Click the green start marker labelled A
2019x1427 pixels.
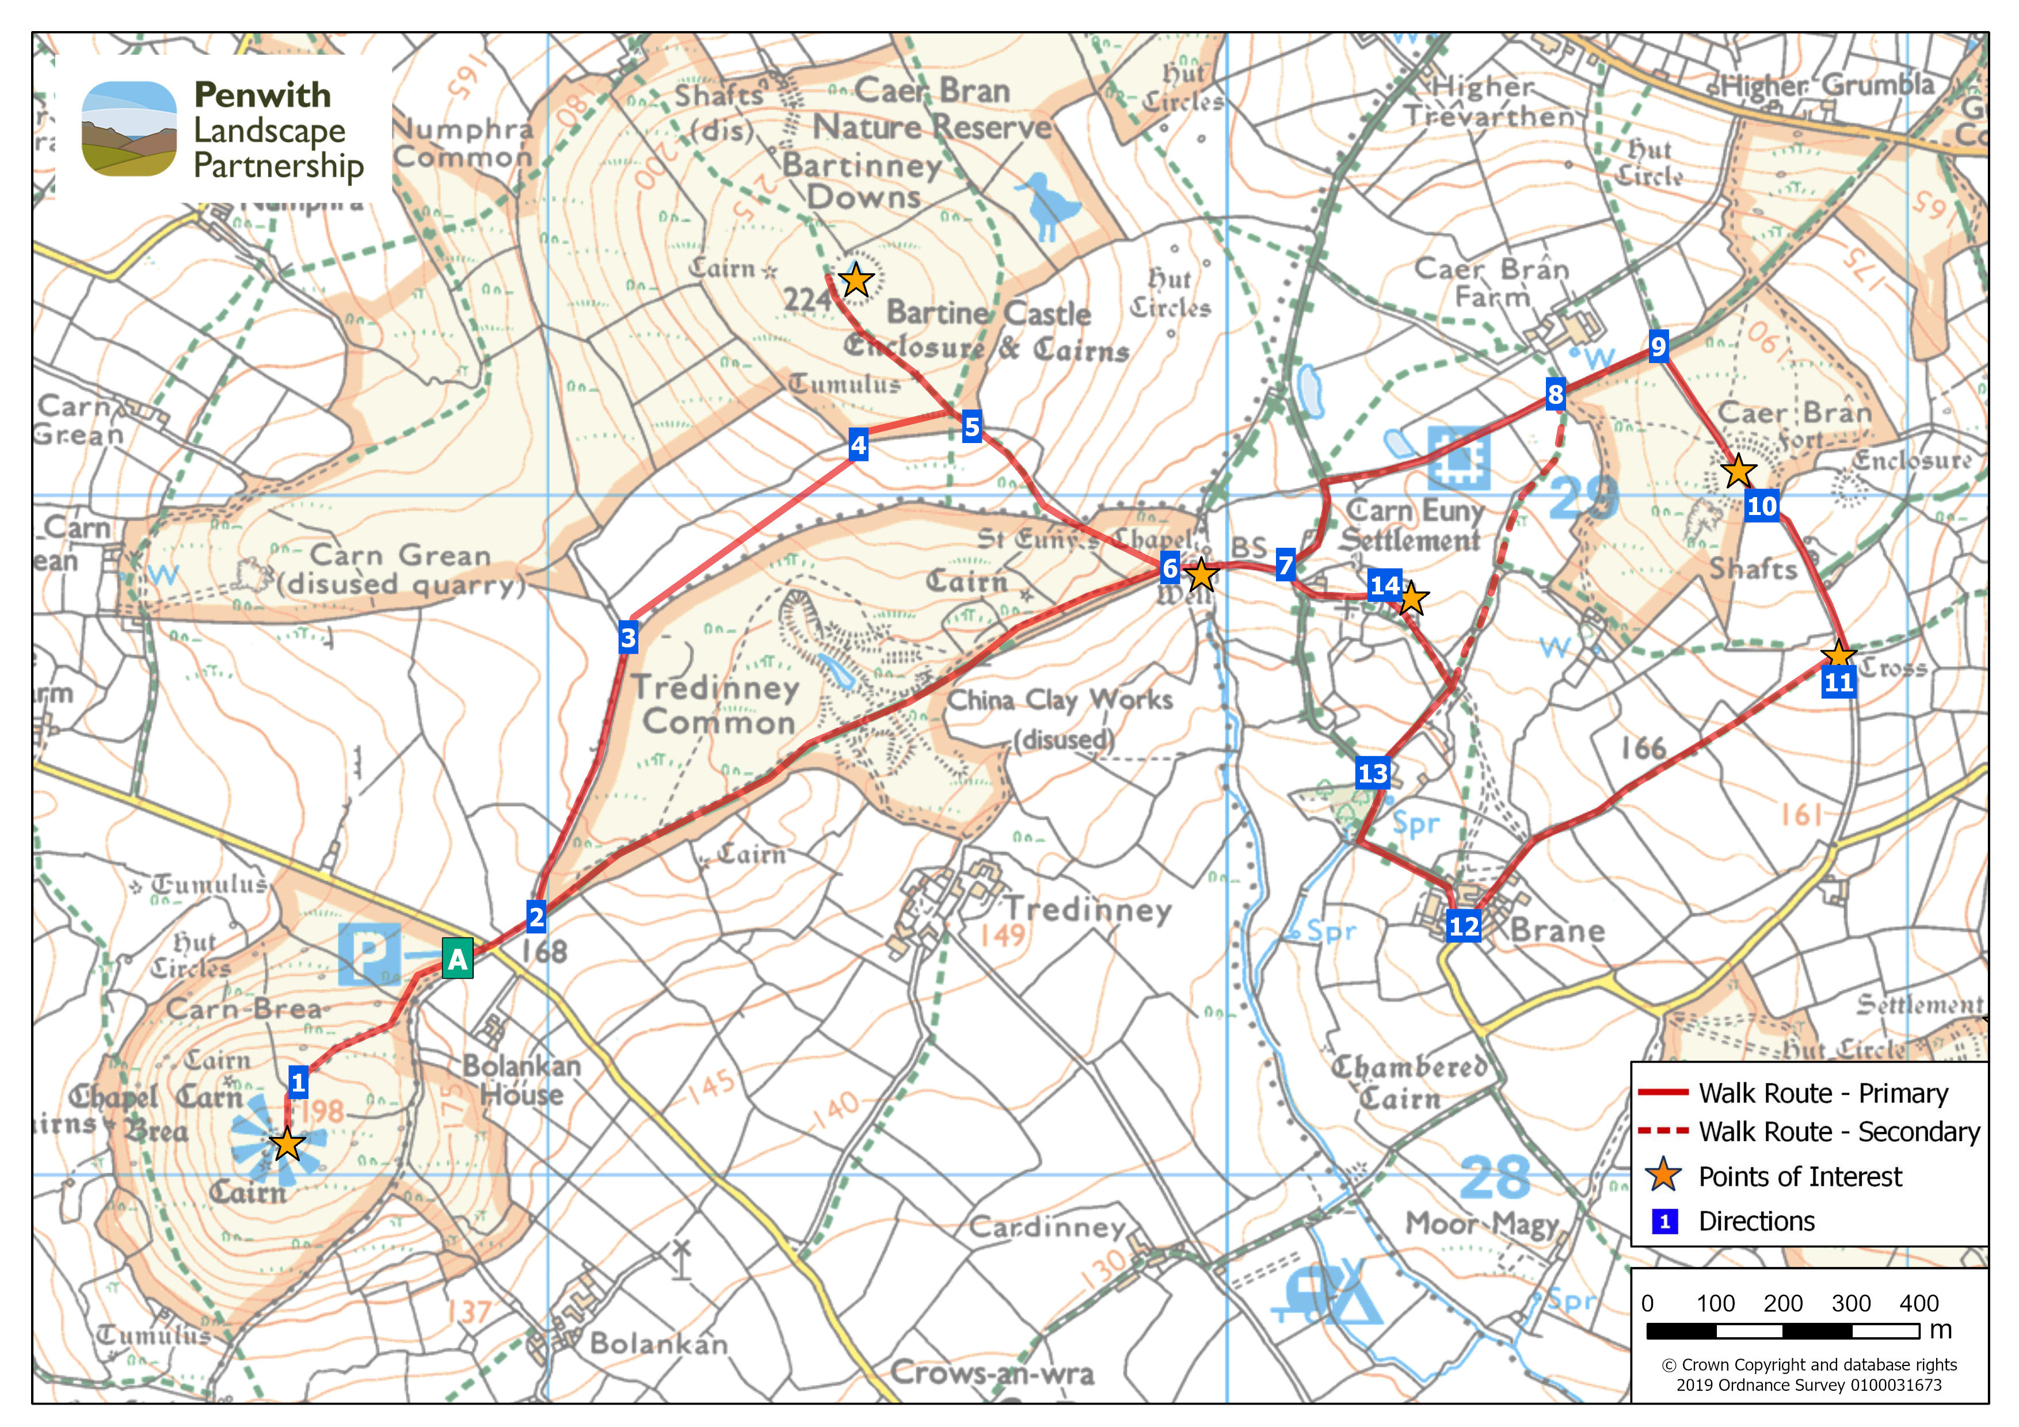point(456,959)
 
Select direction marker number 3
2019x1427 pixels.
point(628,638)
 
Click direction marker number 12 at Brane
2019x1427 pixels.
point(1463,926)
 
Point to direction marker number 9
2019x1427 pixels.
point(1658,346)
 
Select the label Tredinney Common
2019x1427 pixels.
point(718,704)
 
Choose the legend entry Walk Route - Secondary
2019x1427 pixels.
point(1838,1132)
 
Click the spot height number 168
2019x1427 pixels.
point(544,951)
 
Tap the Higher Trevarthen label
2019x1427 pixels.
point(1486,101)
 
